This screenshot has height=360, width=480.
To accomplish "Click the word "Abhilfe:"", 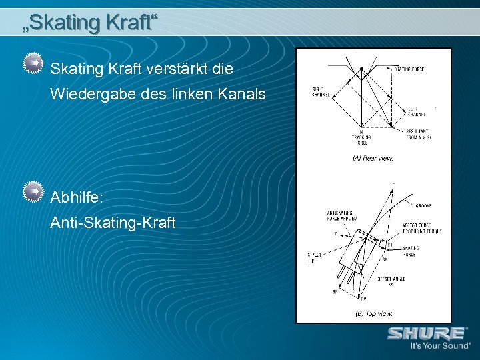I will [77, 197].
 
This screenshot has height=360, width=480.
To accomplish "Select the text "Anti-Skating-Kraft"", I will [113, 223].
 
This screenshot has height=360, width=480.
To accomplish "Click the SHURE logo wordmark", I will [427, 333].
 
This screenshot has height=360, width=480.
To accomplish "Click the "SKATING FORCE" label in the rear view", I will [408, 69].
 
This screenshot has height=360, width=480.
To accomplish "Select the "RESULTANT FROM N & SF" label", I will [418, 135].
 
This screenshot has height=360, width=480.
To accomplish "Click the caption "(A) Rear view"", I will [372, 159].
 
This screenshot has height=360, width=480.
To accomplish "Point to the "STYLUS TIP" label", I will [315, 257].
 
